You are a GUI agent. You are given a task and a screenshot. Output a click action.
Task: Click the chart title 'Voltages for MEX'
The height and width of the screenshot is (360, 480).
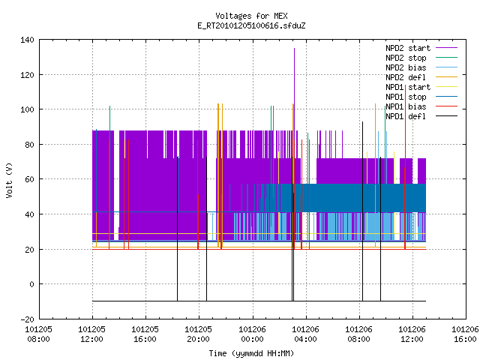(251, 16)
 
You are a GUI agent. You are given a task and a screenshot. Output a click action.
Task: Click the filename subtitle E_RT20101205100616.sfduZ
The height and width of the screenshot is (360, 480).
(251, 25)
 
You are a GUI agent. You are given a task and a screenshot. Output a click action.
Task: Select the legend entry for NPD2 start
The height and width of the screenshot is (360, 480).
(421, 48)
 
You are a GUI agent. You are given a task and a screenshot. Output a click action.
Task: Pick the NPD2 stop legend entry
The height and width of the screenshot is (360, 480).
(421, 58)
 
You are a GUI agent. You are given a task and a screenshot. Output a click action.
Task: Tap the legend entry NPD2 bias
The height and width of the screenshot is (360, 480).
(421, 67)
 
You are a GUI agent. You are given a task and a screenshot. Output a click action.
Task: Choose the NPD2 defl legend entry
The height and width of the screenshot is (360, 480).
(421, 77)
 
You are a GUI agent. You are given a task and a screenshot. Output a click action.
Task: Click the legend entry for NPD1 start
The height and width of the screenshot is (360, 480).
(421, 87)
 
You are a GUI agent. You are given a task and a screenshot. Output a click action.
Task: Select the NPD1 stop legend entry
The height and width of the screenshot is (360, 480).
(421, 97)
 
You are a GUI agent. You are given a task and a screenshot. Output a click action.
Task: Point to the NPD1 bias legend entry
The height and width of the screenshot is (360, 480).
(421, 106)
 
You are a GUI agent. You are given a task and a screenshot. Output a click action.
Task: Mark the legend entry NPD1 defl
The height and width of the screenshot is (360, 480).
(421, 116)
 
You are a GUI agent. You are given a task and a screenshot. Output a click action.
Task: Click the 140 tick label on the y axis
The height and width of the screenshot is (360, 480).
(27, 40)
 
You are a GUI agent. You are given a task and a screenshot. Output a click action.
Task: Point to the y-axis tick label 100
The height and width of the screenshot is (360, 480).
(27, 109)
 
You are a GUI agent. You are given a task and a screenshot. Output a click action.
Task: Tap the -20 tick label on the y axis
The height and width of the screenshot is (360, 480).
(27, 319)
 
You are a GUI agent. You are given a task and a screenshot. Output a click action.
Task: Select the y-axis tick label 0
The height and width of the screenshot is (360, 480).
(31, 284)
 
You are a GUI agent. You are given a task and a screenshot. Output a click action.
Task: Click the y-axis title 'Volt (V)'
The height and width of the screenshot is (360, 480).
(9, 180)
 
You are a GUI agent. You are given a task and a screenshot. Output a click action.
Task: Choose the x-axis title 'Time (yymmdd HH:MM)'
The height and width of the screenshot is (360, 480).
(251, 353)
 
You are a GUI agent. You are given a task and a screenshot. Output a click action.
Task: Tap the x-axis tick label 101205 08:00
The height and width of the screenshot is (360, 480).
(38, 334)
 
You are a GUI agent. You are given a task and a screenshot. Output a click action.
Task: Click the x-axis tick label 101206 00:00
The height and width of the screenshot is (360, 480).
(252, 334)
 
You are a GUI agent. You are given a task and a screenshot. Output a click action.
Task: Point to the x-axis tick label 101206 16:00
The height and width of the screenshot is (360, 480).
(465, 334)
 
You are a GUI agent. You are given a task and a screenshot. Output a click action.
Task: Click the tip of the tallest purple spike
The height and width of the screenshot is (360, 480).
(294, 48)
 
